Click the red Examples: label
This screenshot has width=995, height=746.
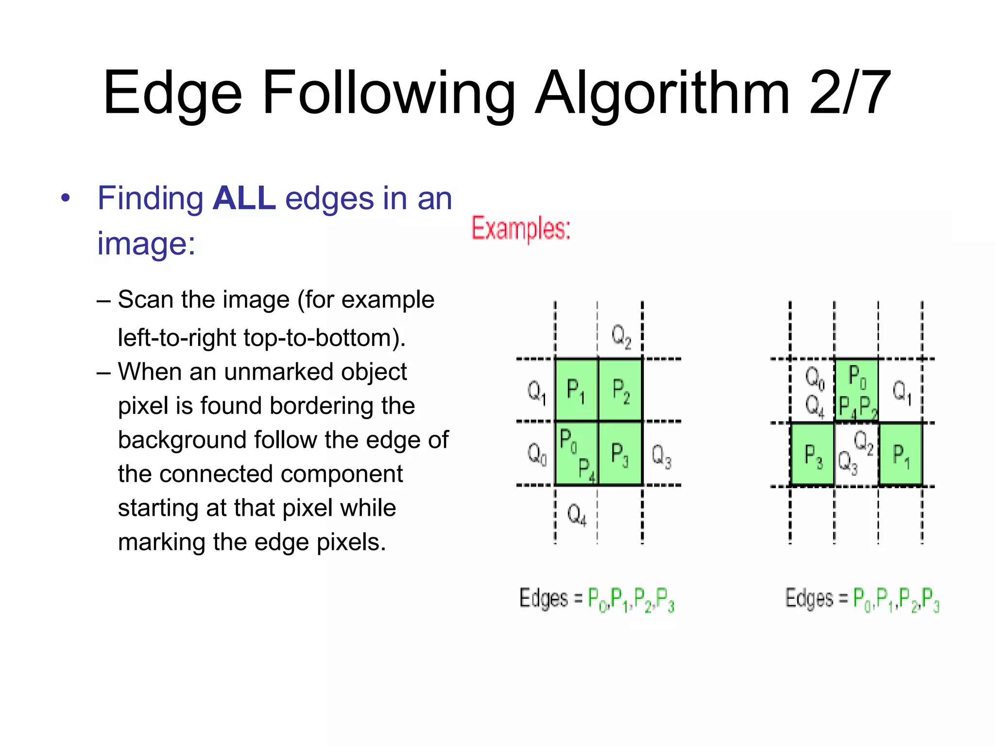pos(521,229)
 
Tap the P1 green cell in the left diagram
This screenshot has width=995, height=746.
pos(576,390)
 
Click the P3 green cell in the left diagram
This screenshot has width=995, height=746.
pos(620,454)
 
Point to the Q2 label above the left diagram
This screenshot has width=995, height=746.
pos(621,336)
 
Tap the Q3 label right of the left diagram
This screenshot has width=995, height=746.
pos(661,456)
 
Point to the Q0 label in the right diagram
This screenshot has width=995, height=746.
pos(815,377)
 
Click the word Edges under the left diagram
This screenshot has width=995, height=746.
pos(543,598)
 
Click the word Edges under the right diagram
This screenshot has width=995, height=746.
pos(809,598)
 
